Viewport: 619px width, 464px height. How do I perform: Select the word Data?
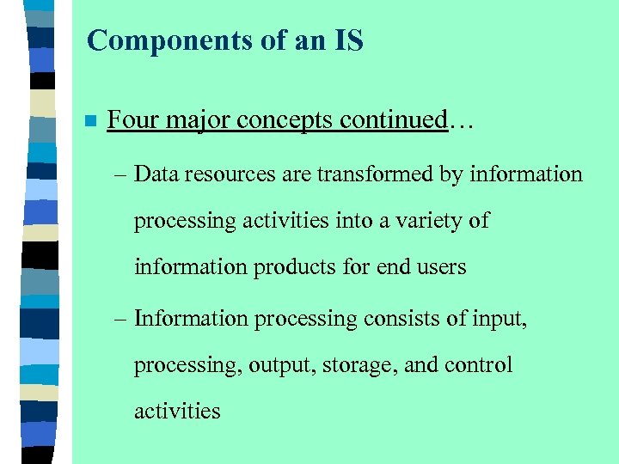(156, 174)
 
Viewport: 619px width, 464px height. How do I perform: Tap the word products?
(298, 267)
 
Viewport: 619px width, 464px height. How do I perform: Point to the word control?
(478, 365)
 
